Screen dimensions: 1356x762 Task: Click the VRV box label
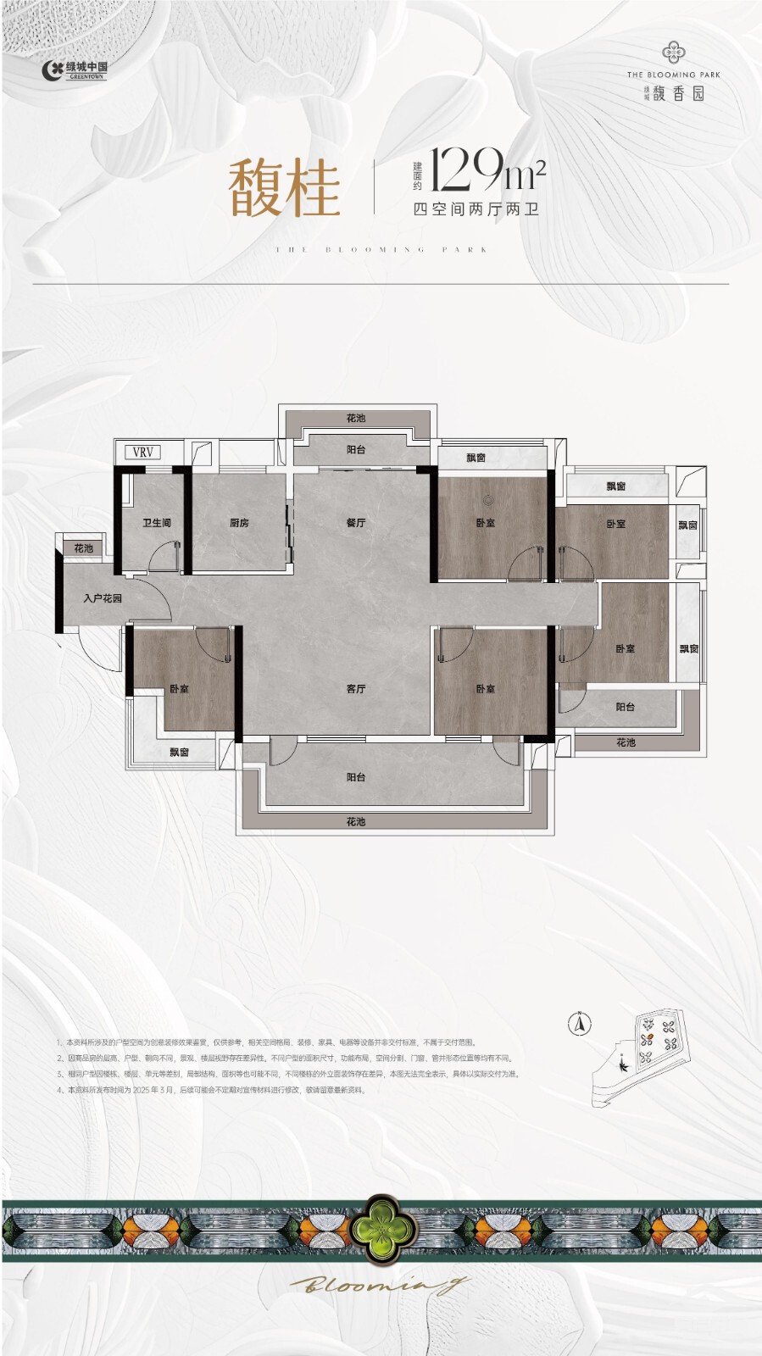point(143,453)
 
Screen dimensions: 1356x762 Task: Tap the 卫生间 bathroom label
point(157,523)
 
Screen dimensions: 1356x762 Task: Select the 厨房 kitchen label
point(239,523)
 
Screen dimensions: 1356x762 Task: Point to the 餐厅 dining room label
point(356,523)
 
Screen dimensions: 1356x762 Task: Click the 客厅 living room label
point(356,689)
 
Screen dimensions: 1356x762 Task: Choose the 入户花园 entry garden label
point(103,598)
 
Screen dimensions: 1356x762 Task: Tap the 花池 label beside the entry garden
point(83,548)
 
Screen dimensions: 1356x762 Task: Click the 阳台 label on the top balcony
point(356,450)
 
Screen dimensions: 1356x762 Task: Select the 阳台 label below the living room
point(356,777)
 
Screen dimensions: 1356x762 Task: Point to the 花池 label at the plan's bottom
point(356,821)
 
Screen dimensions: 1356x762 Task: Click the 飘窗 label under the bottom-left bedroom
point(179,752)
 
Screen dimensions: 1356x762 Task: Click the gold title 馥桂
point(284,188)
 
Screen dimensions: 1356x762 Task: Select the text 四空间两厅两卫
point(476,209)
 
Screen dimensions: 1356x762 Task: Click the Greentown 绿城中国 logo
point(75,70)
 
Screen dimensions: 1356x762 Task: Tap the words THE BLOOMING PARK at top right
point(674,75)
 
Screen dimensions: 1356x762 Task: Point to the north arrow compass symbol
point(581,1023)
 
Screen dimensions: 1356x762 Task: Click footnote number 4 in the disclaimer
point(59,1090)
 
